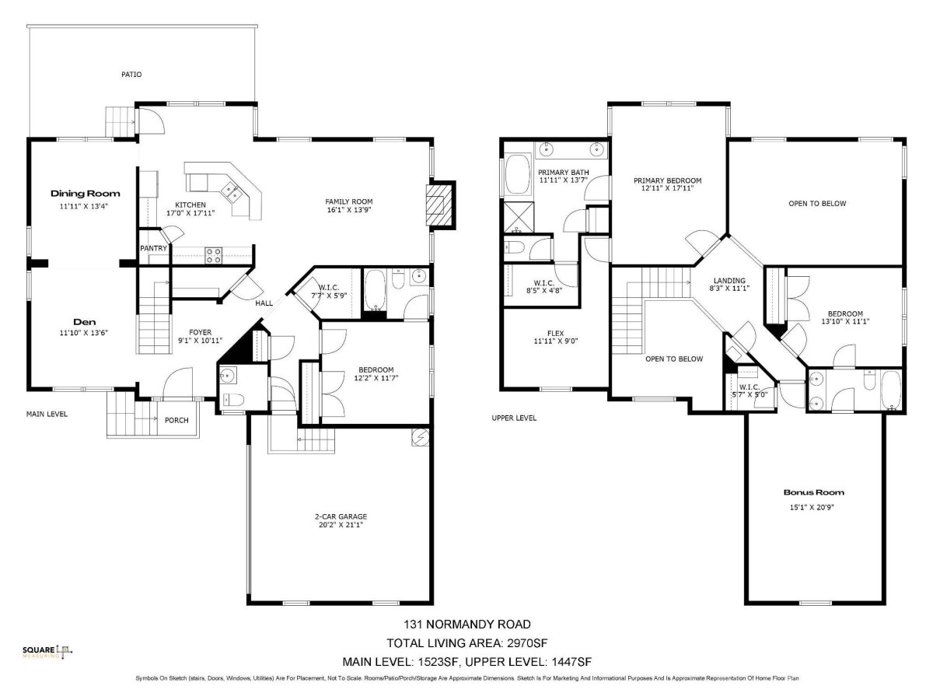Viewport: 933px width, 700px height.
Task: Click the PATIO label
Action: (131, 75)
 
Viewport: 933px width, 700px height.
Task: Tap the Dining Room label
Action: (85, 194)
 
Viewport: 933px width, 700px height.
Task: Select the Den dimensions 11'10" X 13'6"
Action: (84, 333)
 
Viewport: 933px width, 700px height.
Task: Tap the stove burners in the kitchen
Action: (213, 255)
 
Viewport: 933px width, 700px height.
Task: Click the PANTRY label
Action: (153, 248)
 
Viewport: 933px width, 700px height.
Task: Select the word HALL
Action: (264, 303)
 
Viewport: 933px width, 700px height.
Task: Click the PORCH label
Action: (176, 420)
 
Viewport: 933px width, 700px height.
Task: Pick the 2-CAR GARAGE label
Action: (341, 516)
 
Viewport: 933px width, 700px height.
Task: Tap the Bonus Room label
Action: (813, 492)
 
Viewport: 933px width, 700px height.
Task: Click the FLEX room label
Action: (556, 333)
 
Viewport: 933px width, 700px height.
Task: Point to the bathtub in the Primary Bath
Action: (517, 174)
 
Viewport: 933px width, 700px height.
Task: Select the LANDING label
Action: (729, 281)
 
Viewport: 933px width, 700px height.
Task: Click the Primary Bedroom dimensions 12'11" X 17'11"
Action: (667, 188)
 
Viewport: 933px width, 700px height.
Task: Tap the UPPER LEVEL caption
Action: (514, 418)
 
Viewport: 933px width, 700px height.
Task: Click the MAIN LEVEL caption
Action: (47, 414)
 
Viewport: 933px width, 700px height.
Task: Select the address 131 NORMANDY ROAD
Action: (467, 625)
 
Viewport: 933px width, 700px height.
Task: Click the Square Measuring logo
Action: (47, 652)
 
